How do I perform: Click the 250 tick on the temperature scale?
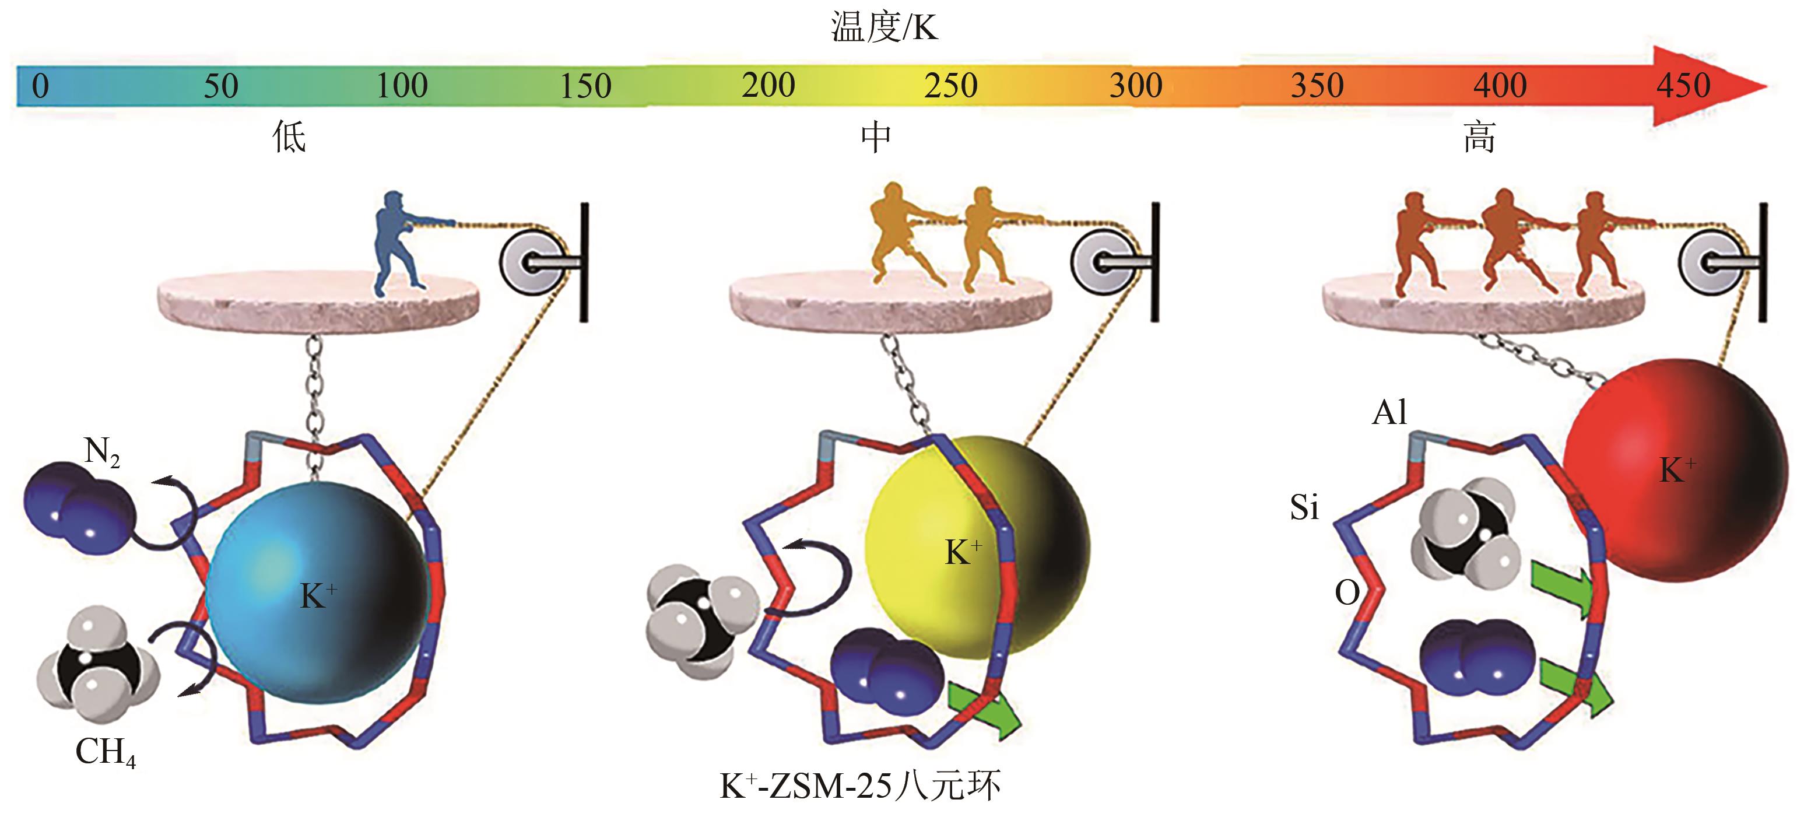click(x=950, y=86)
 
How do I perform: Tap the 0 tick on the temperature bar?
click(x=41, y=86)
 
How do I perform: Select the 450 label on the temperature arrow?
click(x=1683, y=86)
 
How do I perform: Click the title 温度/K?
click(x=884, y=28)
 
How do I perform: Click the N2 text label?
click(x=101, y=452)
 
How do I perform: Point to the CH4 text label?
click(x=105, y=753)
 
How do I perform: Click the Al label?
click(x=1389, y=413)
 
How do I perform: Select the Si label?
click(x=1304, y=507)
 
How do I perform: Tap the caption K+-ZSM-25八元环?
click(x=860, y=786)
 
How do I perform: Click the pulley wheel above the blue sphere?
click(x=532, y=261)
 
